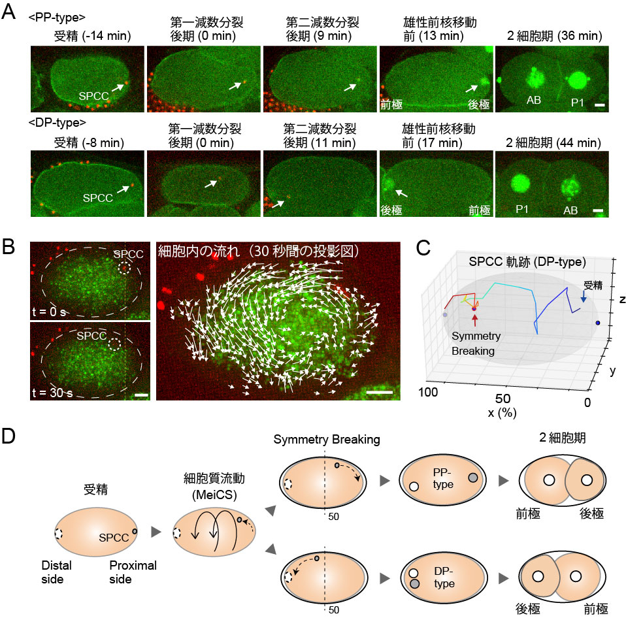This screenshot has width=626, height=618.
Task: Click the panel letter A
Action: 8,11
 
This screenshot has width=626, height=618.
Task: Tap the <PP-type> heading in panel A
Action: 57,18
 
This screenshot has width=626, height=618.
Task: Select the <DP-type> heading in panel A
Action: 57,123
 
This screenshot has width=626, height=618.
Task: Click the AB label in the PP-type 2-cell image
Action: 534,100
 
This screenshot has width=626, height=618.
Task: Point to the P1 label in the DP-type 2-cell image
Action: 522,209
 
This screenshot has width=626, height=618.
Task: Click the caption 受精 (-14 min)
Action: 92,36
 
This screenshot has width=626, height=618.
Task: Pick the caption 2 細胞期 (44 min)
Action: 553,142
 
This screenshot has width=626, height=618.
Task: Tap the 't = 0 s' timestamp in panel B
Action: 49,312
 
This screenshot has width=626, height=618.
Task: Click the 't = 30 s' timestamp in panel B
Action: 52,393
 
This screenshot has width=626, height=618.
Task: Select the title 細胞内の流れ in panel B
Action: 199,251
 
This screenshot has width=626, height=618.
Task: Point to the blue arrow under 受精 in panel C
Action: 584,296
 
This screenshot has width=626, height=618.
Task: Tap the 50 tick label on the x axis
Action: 502,398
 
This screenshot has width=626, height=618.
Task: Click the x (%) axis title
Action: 502,412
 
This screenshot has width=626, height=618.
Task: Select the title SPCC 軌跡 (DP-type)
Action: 527,262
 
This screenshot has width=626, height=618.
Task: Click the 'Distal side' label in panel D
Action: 56,572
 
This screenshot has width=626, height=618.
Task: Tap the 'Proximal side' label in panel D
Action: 133,572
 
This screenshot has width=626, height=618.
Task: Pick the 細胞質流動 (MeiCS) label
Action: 214,487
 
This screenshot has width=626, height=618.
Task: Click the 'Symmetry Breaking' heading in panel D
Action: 327,440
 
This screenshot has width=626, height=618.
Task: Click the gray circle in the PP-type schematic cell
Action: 472,478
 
